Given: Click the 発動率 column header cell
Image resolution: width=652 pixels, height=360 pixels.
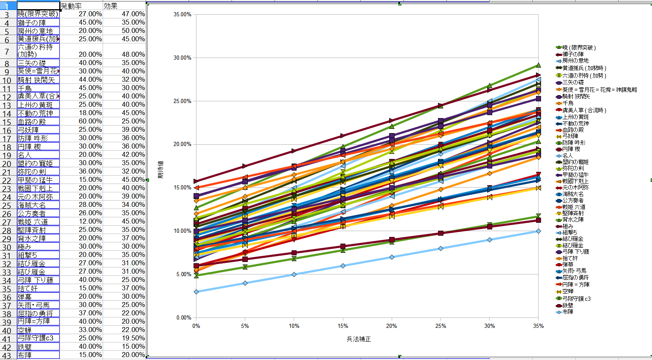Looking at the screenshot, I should [x=81, y=6].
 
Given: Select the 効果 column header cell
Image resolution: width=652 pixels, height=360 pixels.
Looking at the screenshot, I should [x=124, y=6].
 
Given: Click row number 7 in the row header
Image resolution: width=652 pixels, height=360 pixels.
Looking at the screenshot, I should [x=8, y=51].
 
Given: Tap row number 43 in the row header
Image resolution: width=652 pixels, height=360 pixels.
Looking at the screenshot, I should [x=8, y=355].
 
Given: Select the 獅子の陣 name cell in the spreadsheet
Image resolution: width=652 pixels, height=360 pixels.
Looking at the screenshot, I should [x=38, y=23].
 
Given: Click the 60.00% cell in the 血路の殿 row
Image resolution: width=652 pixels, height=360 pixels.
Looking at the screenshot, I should [x=81, y=121].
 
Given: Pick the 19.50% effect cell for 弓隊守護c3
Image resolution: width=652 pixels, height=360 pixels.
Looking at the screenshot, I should [x=124, y=338].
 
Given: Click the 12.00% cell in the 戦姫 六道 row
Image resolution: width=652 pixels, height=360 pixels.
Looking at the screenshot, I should [x=81, y=222].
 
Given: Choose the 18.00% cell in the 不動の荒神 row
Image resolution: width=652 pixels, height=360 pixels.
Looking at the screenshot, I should [x=81, y=113].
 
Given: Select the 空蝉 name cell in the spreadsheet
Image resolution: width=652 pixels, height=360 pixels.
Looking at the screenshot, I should [x=38, y=330].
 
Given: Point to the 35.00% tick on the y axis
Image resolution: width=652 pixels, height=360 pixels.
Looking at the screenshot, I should [x=182, y=15].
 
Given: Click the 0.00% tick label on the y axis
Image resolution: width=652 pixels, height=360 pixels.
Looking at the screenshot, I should [x=184, y=318].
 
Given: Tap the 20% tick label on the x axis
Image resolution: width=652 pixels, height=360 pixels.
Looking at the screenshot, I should [x=391, y=326].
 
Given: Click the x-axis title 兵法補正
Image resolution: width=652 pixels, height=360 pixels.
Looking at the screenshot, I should [x=359, y=339].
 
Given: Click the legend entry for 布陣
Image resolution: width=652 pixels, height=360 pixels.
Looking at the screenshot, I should [x=568, y=312].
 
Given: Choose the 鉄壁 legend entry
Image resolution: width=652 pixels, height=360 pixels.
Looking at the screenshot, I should [x=568, y=305].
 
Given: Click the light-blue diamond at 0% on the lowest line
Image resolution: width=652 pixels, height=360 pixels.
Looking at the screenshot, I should [x=196, y=292].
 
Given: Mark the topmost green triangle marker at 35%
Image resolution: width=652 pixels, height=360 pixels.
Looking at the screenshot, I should [x=538, y=65].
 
